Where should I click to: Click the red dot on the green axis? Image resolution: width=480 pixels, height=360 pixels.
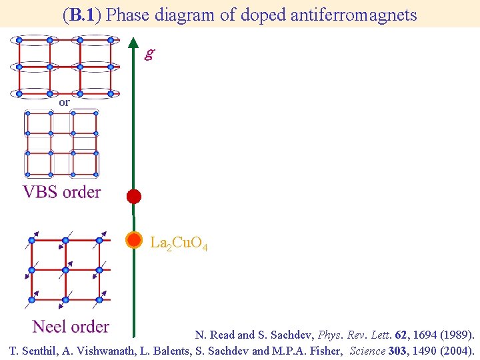click(134, 196)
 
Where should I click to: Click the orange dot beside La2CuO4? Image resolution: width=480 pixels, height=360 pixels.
click(134, 240)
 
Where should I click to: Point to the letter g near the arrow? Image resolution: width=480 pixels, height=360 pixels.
click(149, 54)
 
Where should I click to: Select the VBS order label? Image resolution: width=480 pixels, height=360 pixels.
click(62, 193)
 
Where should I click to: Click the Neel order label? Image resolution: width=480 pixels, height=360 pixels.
click(71, 327)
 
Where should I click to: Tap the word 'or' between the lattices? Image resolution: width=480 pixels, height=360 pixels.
click(64, 103)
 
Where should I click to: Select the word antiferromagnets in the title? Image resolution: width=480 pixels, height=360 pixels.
click(353, 15)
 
